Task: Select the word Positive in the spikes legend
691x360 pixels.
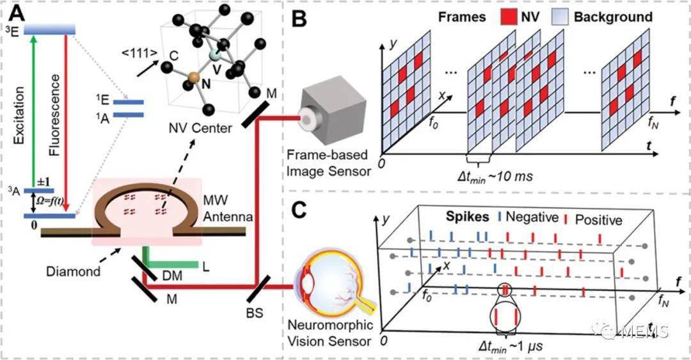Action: pyautogui.click(x=598, y=220)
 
